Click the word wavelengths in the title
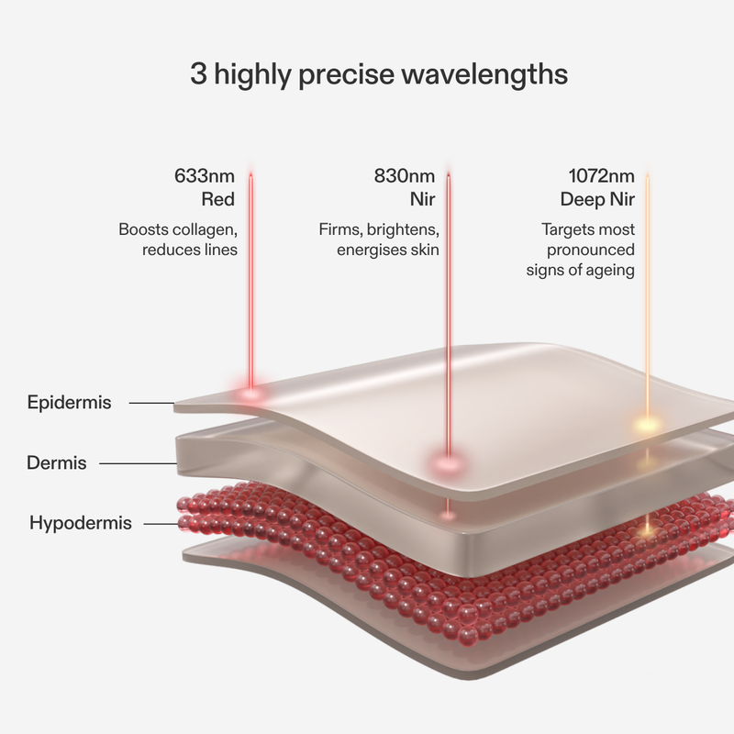click(484, 74)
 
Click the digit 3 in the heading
click(198, 73)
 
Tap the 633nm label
click(205, 176)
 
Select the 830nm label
click(405, 176)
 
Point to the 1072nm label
click(602, 176)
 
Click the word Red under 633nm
click(218, 199)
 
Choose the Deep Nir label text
click(597, 199)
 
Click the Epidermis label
click(70, 403)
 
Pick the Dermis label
click(57, 463)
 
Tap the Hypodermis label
click(81, 523)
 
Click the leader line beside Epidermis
click(151, 403)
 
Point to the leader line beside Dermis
click(139, 463)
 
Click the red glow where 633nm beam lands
click(250, 393)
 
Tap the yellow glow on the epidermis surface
click(648, 426)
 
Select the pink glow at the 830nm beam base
click(448, 463)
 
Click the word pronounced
click(591, 250)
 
